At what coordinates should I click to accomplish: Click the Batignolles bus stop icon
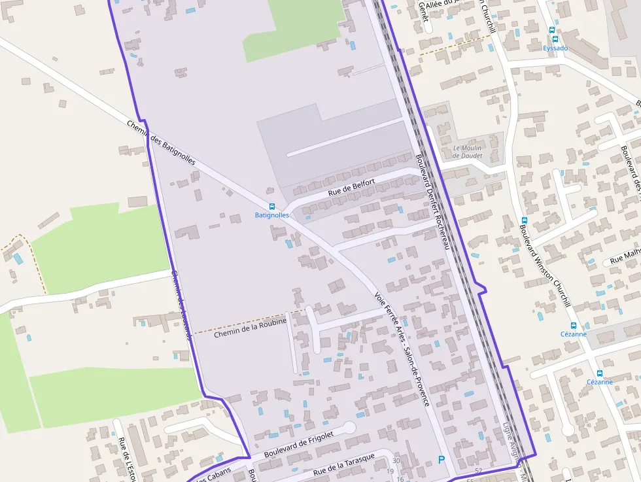272,207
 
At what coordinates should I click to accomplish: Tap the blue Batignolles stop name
271,215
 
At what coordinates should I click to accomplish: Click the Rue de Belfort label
351,187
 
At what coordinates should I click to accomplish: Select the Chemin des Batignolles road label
161,142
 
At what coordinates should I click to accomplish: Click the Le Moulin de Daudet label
467,152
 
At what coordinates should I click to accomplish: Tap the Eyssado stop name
555,48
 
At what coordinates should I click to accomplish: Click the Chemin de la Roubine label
251,328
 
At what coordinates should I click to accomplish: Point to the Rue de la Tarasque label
344,464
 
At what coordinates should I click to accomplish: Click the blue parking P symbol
442,460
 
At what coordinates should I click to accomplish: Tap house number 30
396,461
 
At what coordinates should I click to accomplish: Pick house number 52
479,471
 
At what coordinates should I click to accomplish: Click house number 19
390,472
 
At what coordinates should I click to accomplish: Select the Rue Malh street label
625,258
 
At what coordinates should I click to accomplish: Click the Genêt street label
423,11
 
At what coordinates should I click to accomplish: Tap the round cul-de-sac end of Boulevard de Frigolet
349,428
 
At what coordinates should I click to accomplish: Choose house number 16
400,479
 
